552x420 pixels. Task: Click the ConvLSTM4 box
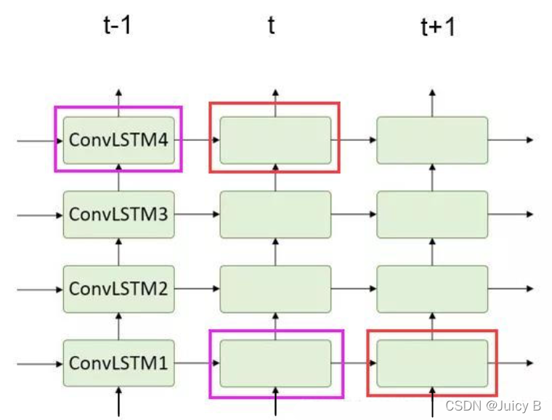119,140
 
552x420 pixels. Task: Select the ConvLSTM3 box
119,214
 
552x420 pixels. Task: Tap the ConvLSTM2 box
119,288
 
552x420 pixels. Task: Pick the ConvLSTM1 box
119,363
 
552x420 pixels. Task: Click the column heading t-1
118,26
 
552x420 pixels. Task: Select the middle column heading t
272,26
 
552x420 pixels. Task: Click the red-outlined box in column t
275,138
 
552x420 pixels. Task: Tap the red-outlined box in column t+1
432,363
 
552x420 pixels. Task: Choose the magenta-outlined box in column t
275,363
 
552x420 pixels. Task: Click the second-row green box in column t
275,214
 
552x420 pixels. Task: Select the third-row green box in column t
275,288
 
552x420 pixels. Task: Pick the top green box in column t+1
432,140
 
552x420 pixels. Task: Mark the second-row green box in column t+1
432,214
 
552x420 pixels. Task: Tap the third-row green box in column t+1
432,288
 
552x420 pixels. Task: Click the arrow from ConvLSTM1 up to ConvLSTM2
119,326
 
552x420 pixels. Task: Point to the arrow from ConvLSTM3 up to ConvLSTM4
119,177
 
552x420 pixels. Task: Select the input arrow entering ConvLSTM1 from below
119,401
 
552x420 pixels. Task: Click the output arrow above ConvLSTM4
119,102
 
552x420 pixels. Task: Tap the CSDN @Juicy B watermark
495,405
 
